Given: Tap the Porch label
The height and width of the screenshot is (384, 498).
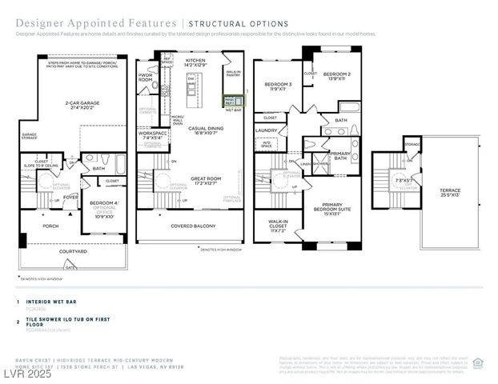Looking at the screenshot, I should [x=50, y=226].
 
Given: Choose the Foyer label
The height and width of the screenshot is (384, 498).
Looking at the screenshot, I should [x=71, y=196].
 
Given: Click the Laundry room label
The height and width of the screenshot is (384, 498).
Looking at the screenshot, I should [x=266, y=130].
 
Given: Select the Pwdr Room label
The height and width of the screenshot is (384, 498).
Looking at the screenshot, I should [x=146, y=78].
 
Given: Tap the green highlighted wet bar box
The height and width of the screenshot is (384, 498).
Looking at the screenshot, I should [x=228, y=101].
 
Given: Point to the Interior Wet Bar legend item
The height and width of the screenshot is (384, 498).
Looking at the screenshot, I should [x=47, y=302].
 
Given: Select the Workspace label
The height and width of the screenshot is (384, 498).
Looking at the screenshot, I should [x=152, y=135].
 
